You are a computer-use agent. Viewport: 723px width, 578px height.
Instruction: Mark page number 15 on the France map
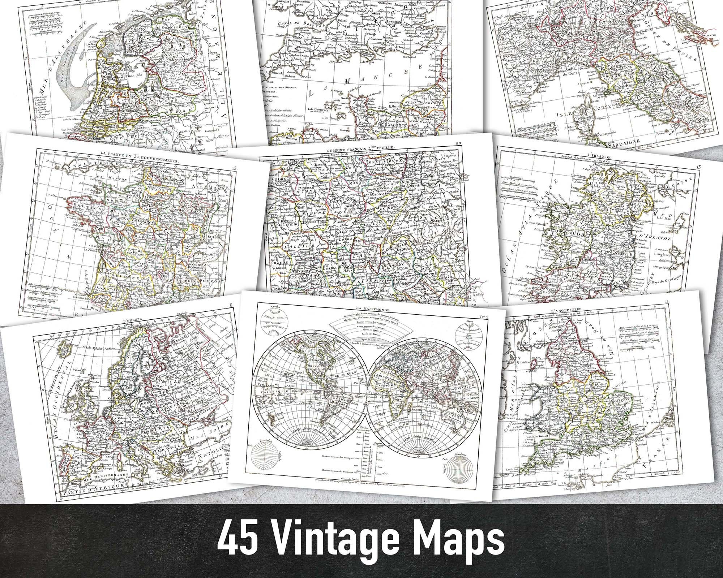[x=235, y=158]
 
